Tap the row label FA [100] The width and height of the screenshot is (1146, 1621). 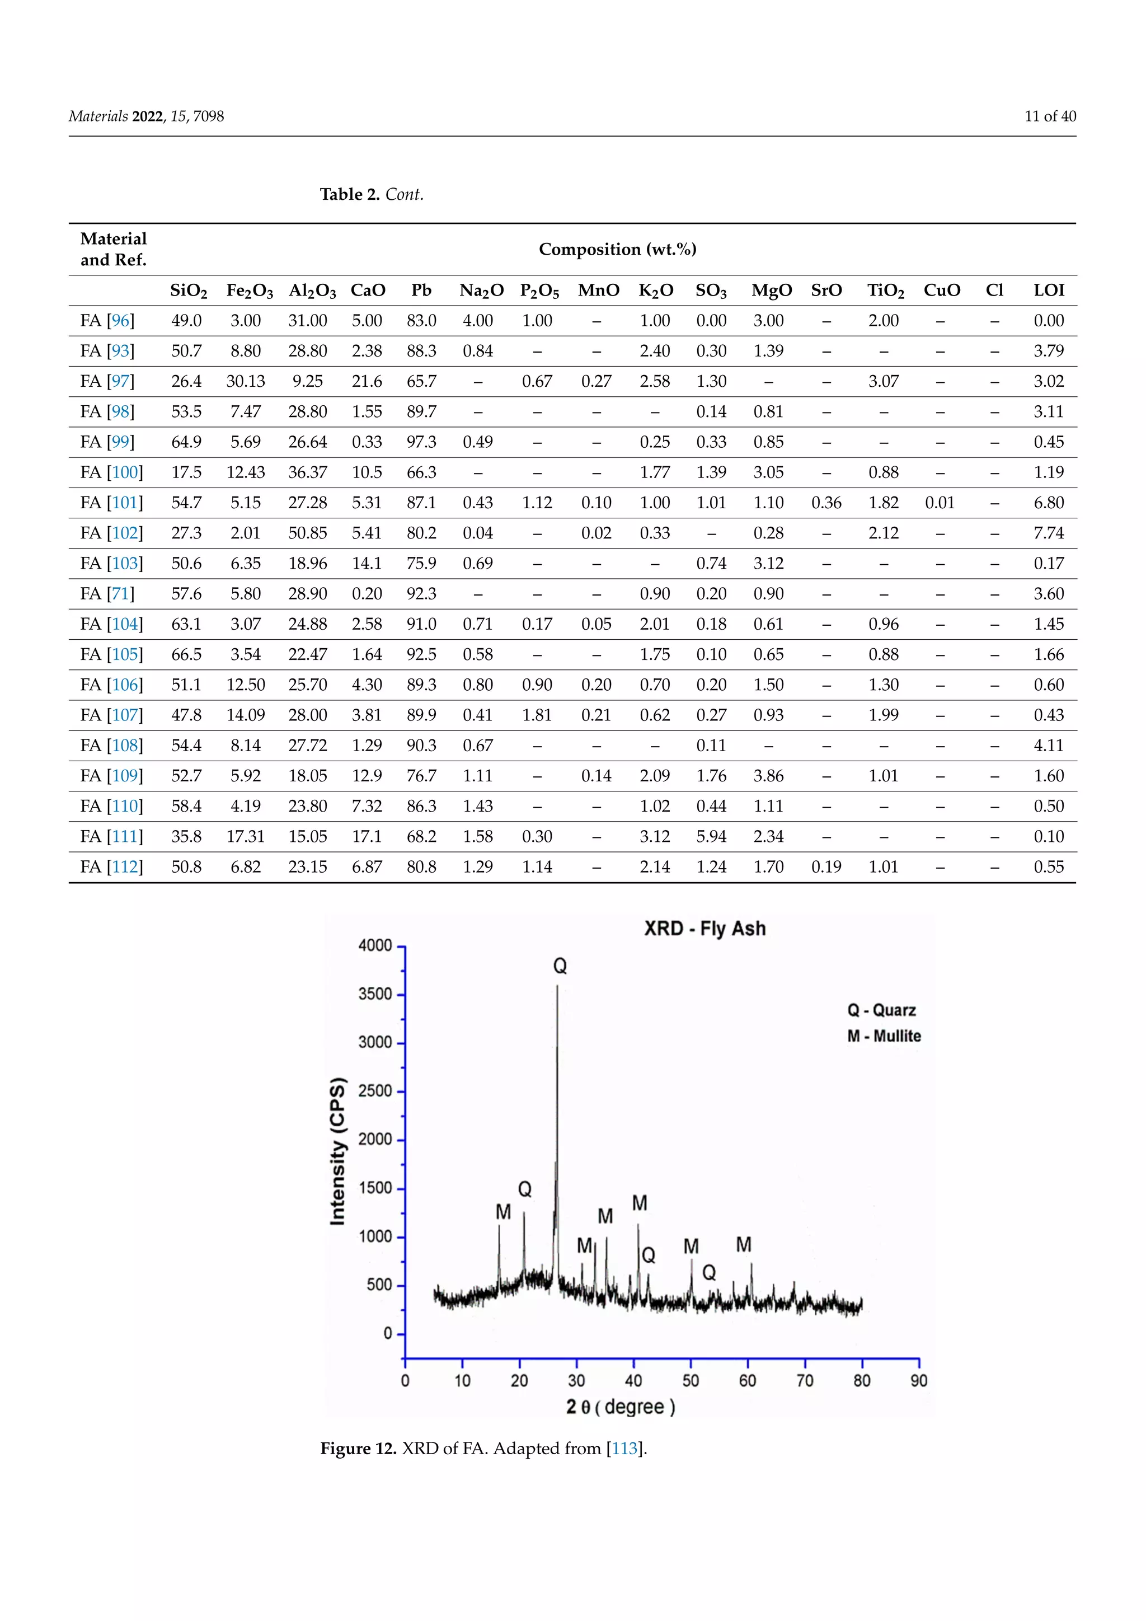111,472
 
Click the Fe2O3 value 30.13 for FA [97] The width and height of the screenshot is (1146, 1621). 246,381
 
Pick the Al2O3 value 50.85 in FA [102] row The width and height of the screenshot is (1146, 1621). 308,533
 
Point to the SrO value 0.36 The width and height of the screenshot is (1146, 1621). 826,503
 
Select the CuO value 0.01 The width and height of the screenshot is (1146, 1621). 940,503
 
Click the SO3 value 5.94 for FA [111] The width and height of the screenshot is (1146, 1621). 711,837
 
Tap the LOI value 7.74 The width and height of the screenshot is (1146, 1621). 1049,533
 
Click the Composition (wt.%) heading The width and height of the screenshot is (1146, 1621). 617,249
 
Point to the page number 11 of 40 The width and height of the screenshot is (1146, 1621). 1050,116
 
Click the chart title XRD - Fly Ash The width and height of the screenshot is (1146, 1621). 704,929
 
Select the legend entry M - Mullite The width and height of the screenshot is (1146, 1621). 884,1036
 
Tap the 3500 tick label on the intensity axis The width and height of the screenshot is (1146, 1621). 375,994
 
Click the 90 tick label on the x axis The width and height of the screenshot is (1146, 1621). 919,1380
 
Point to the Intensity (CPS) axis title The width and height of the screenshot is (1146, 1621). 338,1151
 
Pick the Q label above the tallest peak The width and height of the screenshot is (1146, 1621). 560,966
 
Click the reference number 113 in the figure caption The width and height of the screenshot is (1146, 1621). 624,1449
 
